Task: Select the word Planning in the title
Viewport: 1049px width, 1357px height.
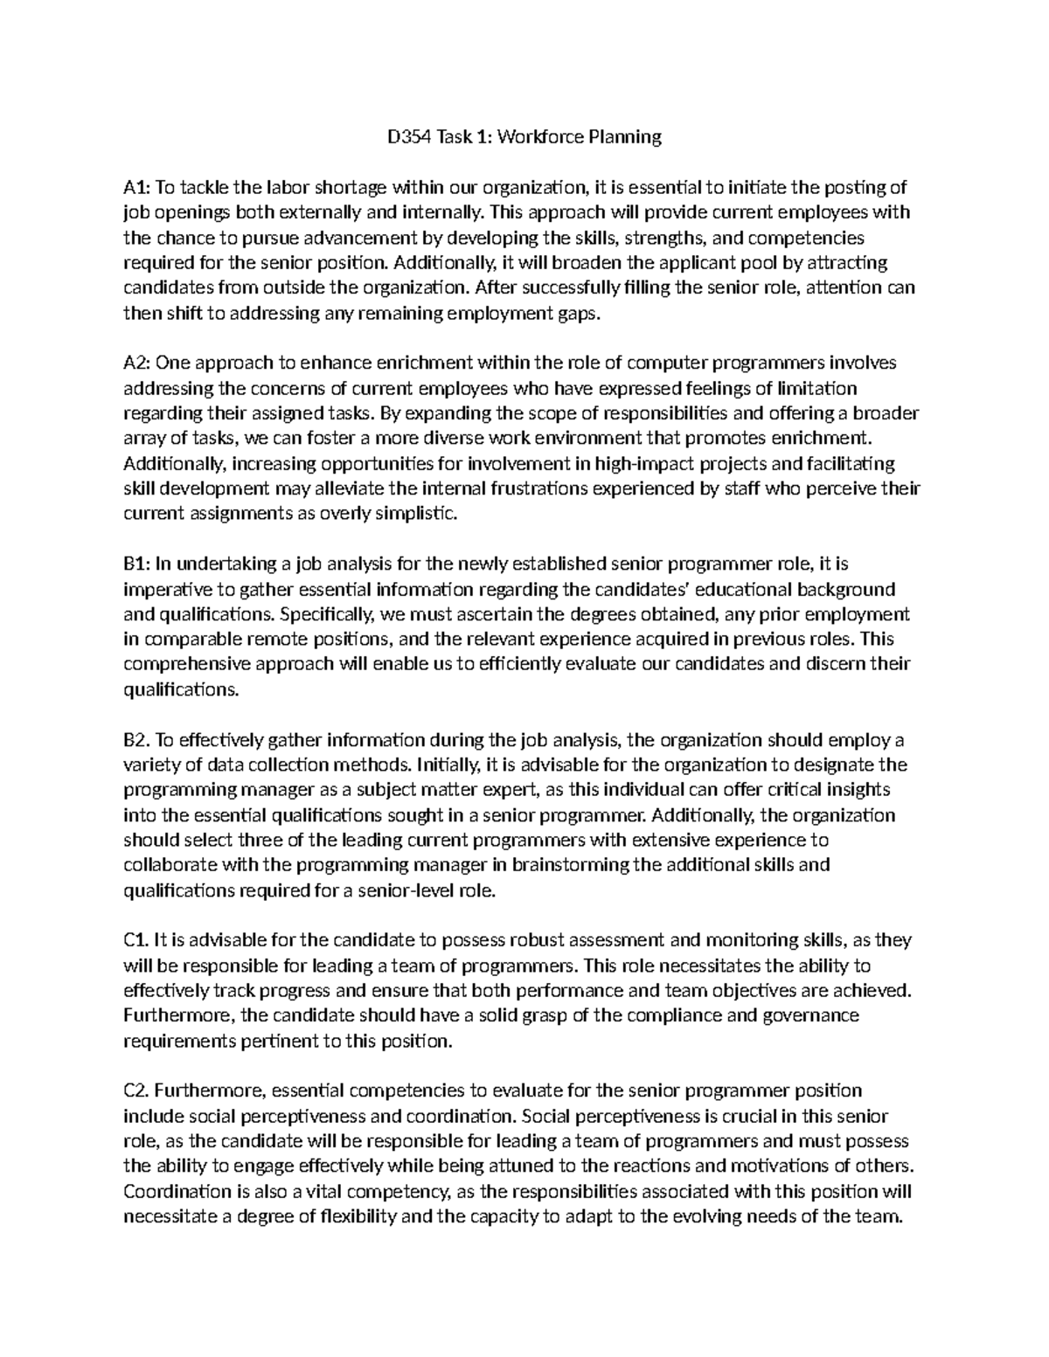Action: [x=624, y=136]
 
